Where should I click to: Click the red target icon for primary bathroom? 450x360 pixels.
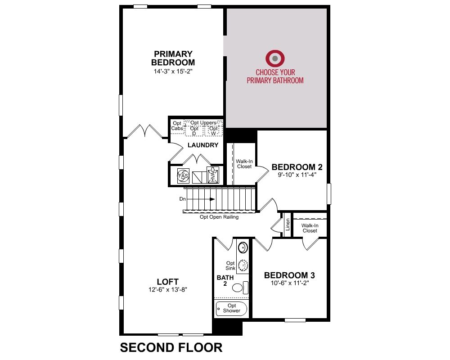[x=275, y=58]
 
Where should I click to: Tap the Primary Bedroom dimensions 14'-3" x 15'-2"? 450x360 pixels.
[x=173, y=71]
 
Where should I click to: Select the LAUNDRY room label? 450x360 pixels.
[x=203, y=145]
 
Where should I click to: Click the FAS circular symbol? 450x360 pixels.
[x=183, y=175]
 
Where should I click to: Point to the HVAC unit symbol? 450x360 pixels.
[x=213, y=175]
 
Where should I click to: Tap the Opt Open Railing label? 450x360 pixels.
[x=219, y=217]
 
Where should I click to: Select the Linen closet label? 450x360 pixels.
[x=288, y=225]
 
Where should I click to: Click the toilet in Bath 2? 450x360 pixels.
[x=240, y=288]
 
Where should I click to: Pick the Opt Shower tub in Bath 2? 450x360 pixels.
[x=231, y=309]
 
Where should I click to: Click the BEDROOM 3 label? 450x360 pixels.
[x=289, y=275]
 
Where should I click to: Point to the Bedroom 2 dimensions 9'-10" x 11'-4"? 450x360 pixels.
[x=297, y=175]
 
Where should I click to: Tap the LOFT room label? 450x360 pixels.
[x=167, y=282]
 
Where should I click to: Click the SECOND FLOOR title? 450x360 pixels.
[x=171, y=347]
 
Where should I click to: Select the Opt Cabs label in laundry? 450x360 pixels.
[x=177, y=126]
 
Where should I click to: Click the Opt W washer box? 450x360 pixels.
[x=213, y=131]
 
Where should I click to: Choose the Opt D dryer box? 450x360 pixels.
[x=194, y=131]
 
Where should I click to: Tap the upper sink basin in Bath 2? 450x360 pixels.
[x=243, y=247]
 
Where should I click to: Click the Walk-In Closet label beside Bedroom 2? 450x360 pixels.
[x=244, y=164]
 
